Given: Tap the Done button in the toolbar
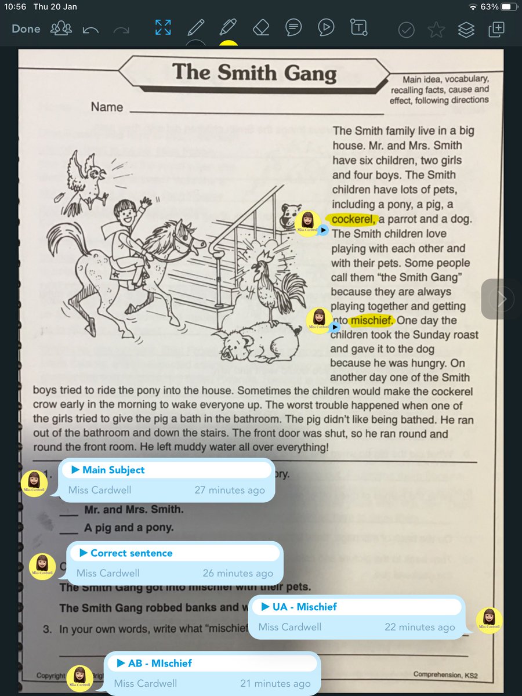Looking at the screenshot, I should point(26,29).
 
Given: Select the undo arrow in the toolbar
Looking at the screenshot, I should point(90,29).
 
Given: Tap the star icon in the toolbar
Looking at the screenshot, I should point(436,29).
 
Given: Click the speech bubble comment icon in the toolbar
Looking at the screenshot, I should point(293,28).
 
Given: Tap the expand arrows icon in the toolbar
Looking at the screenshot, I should point(162,28).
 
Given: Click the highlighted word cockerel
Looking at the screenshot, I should point(354,219).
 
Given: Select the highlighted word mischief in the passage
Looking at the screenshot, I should point(372,320).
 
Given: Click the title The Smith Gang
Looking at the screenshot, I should point(254,72).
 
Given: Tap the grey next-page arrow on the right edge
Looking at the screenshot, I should point(501,299).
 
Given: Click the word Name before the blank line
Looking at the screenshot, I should point(107,107).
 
